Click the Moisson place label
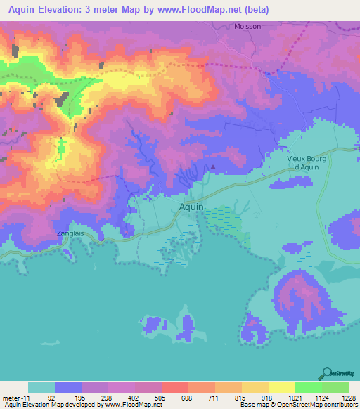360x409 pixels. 247,26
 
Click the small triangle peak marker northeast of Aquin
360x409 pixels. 214,168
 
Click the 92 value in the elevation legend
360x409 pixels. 51,397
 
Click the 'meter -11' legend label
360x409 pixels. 15,397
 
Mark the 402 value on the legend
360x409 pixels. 131,397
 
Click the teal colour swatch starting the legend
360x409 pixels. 41,387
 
